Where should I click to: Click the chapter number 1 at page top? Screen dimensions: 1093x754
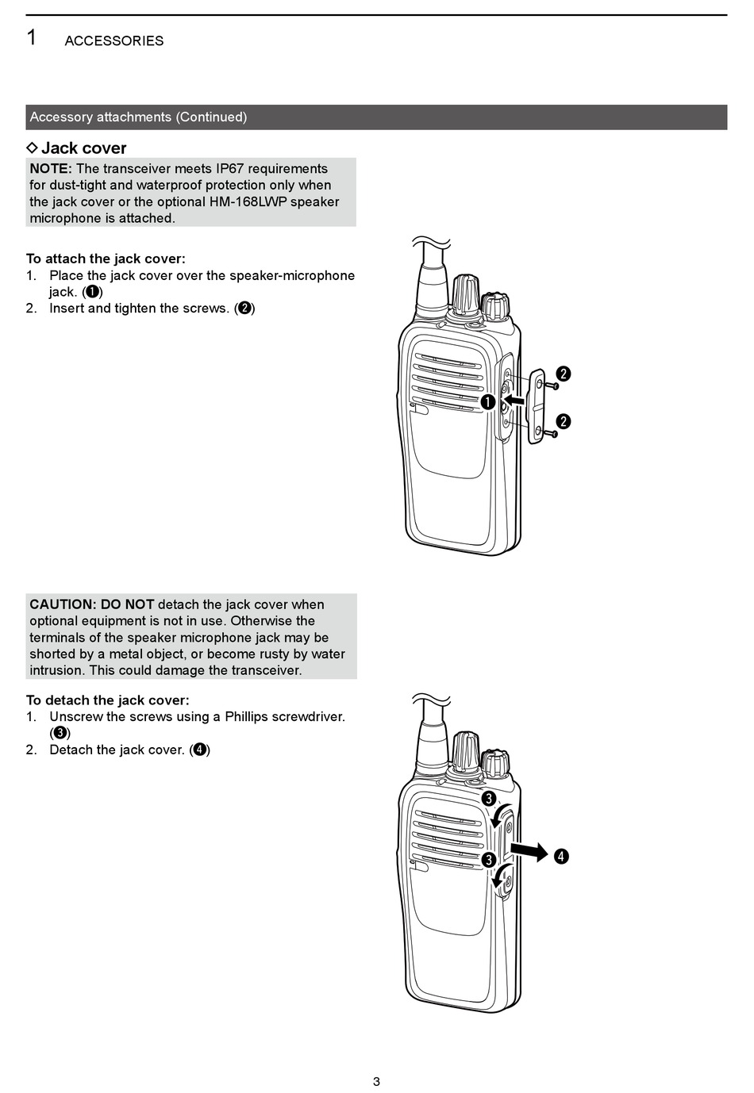(x=31, y=37)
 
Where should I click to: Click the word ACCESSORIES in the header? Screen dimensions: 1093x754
(x=113, y=41)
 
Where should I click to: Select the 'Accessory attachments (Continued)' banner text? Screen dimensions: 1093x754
(x=138, y=117)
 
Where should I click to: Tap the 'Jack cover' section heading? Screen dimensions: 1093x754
(x=83, y=148)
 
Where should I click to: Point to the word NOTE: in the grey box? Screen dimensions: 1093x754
(x=51, y=169)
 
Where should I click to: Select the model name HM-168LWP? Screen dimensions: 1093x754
(x=248, y=202)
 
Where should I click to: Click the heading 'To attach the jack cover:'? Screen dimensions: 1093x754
(x=106, y=259)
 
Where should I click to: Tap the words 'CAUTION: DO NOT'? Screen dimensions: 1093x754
(x=92, y=604)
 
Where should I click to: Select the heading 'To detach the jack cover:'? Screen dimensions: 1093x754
(x=108, y=700)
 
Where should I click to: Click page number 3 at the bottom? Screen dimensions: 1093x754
(x=376, y=1081)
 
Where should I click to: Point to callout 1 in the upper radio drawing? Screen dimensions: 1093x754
(x=487, y=402)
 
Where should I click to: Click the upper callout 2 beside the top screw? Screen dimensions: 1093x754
(x=563, y=374)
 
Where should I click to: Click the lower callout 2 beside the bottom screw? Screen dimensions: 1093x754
(x=563, y=421)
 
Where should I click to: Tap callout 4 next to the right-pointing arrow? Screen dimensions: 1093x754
(x=561, y=856)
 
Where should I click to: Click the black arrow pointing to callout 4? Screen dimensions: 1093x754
(x=529, y=852)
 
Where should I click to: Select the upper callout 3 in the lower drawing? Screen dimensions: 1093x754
(x=488, y=799)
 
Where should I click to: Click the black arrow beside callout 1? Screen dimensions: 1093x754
(x=514, y=401)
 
